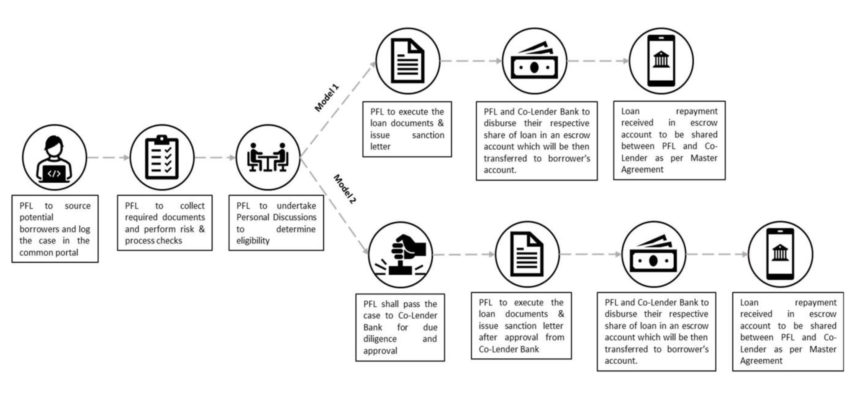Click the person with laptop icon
(54, 158)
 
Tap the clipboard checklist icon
(162, 158)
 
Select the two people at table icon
(268, 158)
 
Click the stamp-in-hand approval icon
(400, 255)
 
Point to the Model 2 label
(344, 189)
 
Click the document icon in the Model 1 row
(408, 61)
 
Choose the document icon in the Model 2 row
(527, 254)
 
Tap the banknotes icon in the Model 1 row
(534, 61)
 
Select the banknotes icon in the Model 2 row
(654, 254)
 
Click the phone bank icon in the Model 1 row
(661, 61)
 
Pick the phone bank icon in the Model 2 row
(780, 254)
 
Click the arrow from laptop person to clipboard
(108, 158)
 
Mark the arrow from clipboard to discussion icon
(215, 158)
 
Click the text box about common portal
(55, 229)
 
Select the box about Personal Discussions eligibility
(276, 223)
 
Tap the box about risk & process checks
(165, 223)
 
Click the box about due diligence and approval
(400, 327)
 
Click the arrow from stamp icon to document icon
(464, 254)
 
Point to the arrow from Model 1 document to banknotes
(471, 61)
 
